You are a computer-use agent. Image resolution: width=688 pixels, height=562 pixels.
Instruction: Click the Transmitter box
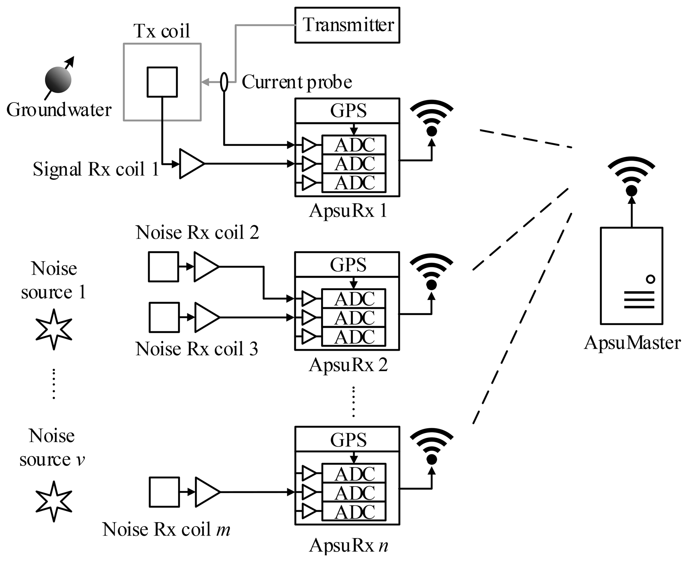click(347, 25)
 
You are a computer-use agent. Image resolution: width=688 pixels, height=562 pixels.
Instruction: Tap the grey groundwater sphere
click(58, 80)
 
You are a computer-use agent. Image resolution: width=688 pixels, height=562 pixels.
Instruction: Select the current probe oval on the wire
click(224, 82)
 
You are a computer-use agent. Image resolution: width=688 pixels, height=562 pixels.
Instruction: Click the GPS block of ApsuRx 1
click(347, 111)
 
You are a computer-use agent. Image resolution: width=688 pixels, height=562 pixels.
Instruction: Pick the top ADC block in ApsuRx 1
click(354, 145)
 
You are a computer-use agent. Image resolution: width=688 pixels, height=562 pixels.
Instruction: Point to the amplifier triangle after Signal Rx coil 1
click(191, 164)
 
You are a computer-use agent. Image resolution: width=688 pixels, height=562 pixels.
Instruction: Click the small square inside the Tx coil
click(162, 82)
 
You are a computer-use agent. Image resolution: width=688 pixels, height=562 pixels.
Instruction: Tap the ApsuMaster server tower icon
click(631, 276)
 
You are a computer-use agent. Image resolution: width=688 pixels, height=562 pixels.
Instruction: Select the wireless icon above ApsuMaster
click(631, 178)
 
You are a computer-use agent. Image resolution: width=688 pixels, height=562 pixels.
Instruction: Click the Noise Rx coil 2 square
click(163, 267)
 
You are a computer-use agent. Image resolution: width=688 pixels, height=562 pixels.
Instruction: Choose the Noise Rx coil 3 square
click(164, 317)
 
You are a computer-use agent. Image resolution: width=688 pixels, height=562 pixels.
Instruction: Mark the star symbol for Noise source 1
click(54, 329)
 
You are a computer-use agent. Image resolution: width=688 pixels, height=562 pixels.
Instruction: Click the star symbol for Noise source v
click(54, 501)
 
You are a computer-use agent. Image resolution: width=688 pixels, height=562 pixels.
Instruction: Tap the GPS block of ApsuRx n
click(347, 439)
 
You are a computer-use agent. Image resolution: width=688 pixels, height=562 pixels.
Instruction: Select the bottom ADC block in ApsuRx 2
click(353, 337)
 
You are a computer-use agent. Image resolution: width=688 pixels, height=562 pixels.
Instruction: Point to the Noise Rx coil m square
click(164, 492)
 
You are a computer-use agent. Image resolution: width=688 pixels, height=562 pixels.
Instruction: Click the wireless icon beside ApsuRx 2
click(431, 272)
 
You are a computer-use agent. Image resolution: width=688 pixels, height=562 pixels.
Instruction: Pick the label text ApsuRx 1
click(348, 211)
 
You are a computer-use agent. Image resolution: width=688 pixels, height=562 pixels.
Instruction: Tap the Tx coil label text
click(162, 31)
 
